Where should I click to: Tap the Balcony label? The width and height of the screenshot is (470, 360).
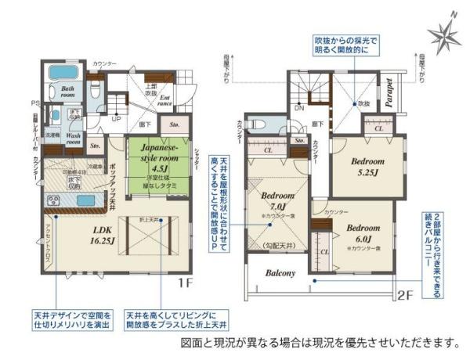[279, 273]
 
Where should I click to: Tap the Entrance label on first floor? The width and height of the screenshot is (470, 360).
[164, 99]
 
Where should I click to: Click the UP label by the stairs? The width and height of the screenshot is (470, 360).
[116, 118]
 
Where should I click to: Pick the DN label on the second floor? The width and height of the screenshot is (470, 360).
[298, 108]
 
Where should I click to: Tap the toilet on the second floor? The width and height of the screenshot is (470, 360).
[257, 124]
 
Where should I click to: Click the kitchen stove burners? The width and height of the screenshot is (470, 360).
[55, 201]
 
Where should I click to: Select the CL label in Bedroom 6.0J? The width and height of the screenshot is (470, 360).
[324, 253]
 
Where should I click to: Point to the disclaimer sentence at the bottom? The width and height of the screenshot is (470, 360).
[319, 343]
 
